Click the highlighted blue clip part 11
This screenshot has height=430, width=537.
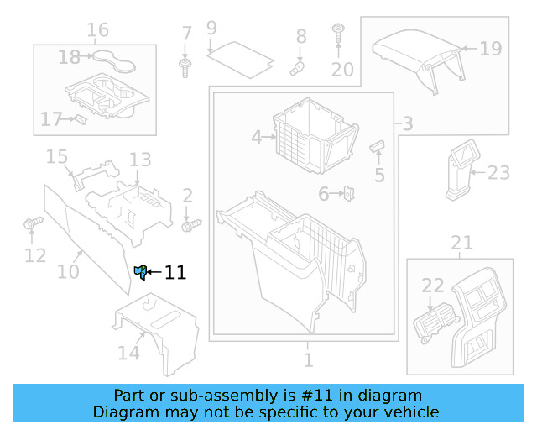tap(140, 270)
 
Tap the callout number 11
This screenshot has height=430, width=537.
tap(175, 272)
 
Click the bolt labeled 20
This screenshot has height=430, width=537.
tap(339, 33)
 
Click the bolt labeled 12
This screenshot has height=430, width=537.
tap(31, 223)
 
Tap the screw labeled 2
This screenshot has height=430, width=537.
tap(193, 224)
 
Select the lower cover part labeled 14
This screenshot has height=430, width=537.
tap(159, 332)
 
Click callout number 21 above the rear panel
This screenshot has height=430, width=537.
tap(461, 244)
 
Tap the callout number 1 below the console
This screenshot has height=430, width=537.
tap(308, 360)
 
